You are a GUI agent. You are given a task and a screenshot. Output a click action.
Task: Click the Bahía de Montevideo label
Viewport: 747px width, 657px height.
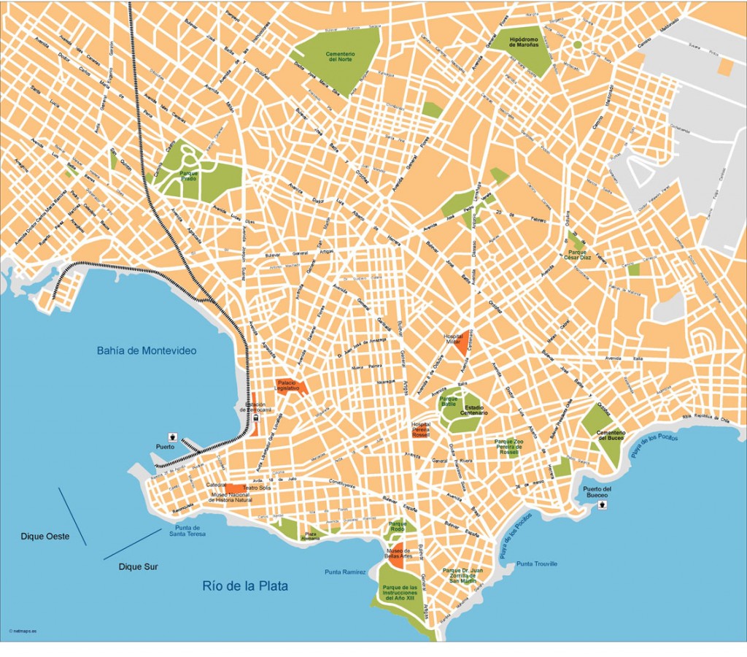click(x=147, y=350)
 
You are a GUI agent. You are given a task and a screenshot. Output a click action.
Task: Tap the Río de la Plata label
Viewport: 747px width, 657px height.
click(x=245, y=585)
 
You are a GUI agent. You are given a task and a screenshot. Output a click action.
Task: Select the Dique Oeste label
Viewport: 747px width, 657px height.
click(x=45, y=537)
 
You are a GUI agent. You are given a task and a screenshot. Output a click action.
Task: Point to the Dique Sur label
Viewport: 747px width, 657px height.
click(x=139, y=566)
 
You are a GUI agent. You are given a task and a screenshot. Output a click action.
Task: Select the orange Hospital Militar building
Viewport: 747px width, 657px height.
click(x=461, y=339)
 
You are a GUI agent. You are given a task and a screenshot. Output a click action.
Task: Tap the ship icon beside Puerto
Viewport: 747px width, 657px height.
click(x=173, y=435)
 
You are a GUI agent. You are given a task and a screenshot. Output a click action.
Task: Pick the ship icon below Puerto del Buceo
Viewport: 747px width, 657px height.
click(x=603, y=504)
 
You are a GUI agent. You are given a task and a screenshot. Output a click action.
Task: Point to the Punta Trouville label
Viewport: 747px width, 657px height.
click(x=537, y=564)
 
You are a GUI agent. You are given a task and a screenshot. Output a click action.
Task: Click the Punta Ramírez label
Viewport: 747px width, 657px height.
click(x=345, y=572)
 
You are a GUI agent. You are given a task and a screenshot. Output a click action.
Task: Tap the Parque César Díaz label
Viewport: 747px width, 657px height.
click(x=577, y=255)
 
